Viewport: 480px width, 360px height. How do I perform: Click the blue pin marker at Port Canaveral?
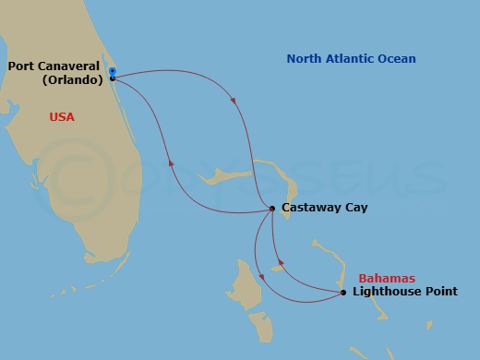click(112, 70)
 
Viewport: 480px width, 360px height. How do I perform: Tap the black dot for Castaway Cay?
click(272, 209)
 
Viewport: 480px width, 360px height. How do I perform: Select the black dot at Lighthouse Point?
click(343, 293)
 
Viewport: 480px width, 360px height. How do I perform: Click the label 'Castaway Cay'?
click(324, 208)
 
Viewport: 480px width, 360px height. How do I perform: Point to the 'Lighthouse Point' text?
click(404, 292)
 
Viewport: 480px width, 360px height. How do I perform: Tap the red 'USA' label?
click(61, 117)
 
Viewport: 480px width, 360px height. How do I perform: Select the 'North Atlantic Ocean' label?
click(351, 59)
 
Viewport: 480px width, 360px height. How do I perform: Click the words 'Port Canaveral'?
click(54, 66)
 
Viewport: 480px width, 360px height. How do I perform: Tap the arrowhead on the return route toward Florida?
click(171, 163)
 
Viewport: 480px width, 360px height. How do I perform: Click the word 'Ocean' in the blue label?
click(397, 59)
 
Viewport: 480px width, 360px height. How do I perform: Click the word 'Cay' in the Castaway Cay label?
click(355, 208)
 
